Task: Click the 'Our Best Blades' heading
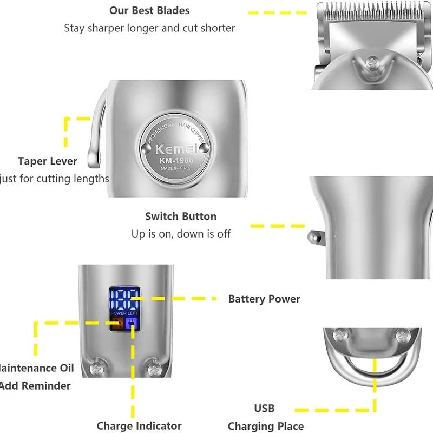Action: pos(149,10)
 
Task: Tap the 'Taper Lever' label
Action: pos(48,161)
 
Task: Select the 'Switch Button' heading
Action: pos(181,216)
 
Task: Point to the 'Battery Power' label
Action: pos(264,299)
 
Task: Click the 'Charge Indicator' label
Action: pos(139,426)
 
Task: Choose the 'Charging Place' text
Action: pos(266,426)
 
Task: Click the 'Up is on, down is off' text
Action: pos(181,234)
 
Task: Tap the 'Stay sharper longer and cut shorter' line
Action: pos(149,28)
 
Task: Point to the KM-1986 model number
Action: pos(172,160)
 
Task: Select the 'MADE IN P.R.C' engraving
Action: pos(172,169)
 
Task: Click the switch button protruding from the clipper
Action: pos(313,237)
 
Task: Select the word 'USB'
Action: pos(264,408)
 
